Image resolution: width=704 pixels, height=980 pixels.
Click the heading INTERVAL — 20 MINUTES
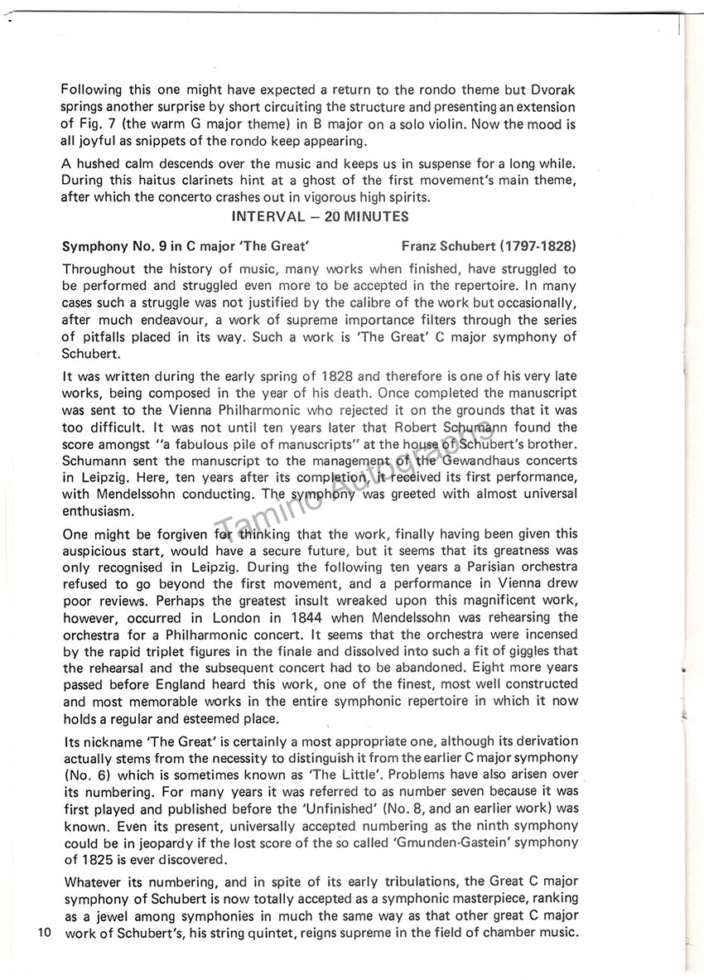[x=320, y=217]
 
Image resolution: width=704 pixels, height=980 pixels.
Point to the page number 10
[x=45, y=934]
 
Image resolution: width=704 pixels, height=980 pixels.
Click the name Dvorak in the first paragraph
[x=555, y=90]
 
